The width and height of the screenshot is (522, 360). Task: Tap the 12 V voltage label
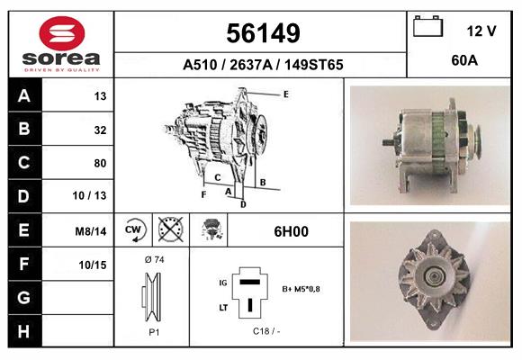point(481,31)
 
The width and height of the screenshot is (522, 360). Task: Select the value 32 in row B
point(99,130)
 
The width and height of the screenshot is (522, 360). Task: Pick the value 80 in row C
point(99,163)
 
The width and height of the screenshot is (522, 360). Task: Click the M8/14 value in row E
point(92,231)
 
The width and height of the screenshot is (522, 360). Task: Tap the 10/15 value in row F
point(92,265)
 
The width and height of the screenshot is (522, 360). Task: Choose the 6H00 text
point(291,231)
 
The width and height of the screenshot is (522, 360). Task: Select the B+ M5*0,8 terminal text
point(301,289)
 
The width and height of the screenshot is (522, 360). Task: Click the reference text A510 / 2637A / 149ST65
point(263,65)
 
